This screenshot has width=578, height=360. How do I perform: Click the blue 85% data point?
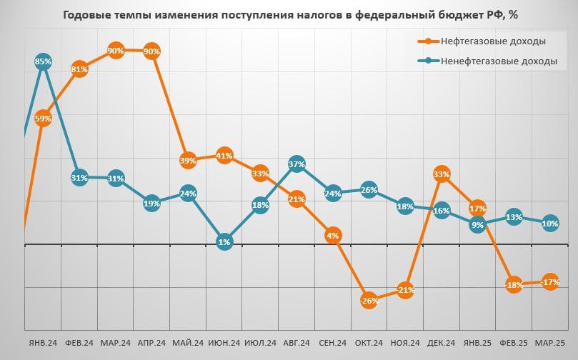(x=43, y=61)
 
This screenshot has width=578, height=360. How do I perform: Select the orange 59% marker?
(x=43, y=119)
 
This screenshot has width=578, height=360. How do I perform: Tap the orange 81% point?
(x=79, y=69)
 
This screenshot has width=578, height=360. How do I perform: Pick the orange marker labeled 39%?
(x=188, y=161)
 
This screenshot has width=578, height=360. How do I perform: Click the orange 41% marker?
(x=224, y=155)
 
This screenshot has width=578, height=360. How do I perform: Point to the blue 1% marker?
(x=224, y=242)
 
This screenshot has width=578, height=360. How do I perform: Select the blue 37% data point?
(x=297, y=164)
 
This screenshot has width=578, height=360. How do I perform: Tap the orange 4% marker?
(x=333, y=235)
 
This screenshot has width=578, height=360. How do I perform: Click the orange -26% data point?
(x=369, y=300)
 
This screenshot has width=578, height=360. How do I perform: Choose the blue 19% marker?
(x=151, y=203)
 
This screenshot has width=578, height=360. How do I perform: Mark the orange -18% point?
(x=514, y=285)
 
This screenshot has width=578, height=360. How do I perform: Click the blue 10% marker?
(x=550, y=223)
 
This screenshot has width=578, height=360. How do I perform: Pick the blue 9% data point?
(x=478, y=225)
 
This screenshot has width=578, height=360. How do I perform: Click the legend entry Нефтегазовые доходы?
(x=494, y=41)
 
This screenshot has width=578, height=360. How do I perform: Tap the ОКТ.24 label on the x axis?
(x=369, y=343)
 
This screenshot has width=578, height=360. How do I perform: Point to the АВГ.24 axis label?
(x=297, y=343)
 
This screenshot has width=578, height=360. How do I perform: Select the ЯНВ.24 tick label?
(x=43, y=343)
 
